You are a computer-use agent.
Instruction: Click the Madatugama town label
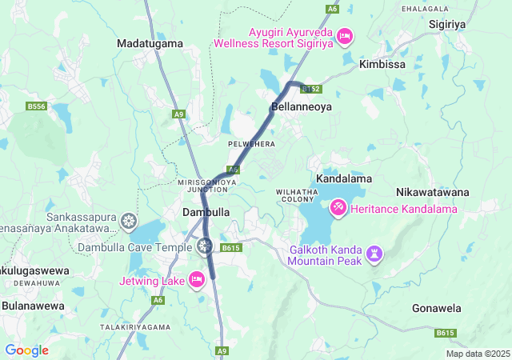click(150, 43)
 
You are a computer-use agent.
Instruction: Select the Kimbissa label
click(382, 63)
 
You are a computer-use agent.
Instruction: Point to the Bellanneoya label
click(297, 106)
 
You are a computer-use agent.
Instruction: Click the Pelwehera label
click(251, 144)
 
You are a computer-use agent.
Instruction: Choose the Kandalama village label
click(344, 178)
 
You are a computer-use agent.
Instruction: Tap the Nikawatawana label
click(432, 193)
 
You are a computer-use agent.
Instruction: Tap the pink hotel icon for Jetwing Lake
click(197, 279)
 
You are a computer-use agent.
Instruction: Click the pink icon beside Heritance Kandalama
click(338, 208)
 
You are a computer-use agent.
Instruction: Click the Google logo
click(26, 350)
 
